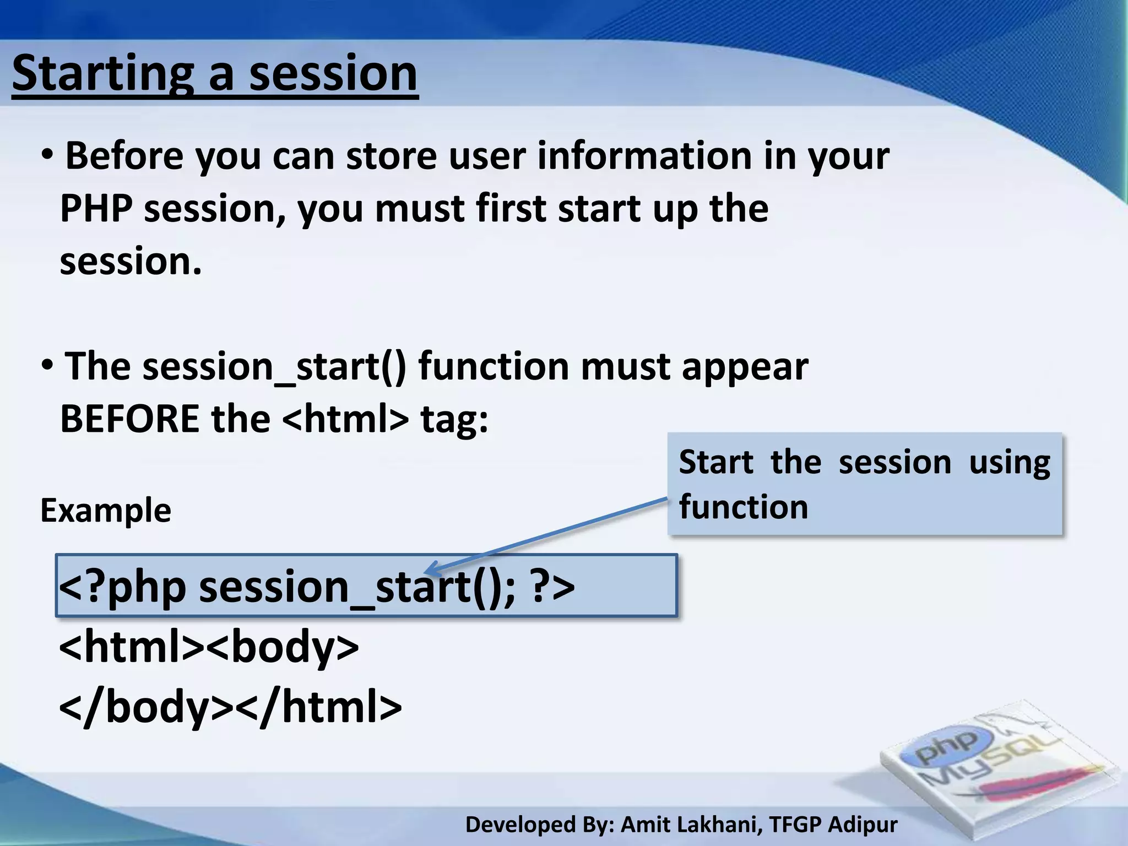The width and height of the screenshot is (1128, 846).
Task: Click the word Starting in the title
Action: (x=102, y=74)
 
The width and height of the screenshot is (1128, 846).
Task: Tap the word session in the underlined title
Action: (x=333, y=74)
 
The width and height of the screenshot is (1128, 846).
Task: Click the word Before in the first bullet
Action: (x=124, y=156)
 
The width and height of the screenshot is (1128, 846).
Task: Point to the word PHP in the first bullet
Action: (x=96, y=209)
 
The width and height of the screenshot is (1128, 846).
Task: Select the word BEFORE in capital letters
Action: (x=129, y=419)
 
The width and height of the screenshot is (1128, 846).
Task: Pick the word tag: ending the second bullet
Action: (x=454, y=419)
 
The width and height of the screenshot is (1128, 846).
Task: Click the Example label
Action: (x=106, y=511)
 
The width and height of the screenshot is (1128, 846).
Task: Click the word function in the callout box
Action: (x=743, y=507)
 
